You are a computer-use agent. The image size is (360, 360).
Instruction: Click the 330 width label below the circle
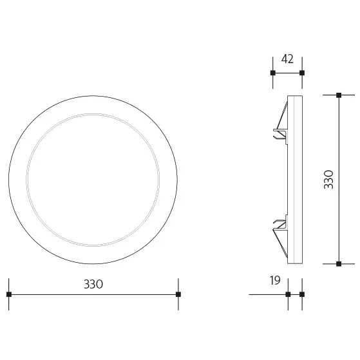point(93,284)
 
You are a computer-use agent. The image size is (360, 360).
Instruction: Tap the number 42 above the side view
point(287,59)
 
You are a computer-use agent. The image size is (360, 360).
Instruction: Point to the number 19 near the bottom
point(275,281)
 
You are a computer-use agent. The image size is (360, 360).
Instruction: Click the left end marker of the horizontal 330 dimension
point(9,294)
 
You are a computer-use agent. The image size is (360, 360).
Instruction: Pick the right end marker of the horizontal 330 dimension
point(178,294)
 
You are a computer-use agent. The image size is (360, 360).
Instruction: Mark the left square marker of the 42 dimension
point(272,73)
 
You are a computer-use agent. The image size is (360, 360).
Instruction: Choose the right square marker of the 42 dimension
point(301,73)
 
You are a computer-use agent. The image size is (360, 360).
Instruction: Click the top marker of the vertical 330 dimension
point(339,95)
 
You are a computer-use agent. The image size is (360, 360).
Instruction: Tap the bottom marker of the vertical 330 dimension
point(339,263)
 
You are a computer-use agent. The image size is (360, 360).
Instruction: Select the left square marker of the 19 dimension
point(288,294)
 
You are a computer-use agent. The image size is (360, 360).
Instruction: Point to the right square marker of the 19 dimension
point(301,294)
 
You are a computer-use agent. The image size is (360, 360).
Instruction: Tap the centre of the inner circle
point(93,179)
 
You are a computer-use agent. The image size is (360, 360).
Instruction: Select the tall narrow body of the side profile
point(296,179)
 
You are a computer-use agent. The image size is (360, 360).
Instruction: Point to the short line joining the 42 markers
point(287,73)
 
